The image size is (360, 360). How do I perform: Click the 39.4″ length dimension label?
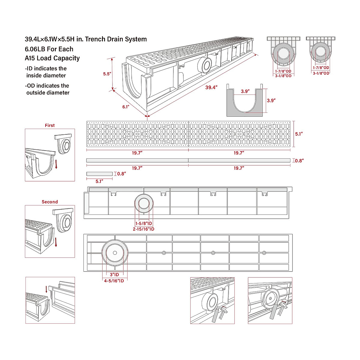point(211,88)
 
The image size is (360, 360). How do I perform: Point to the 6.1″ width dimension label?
point(126,107)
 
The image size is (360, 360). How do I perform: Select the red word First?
point(50,125)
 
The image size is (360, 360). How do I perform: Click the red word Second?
point(50,202)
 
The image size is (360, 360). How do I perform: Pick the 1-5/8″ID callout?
point(144,223)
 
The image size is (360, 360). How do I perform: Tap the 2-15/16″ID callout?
point(144,229)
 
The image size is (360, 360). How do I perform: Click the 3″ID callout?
point(114,275)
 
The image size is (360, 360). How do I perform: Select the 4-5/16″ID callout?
point(114,281)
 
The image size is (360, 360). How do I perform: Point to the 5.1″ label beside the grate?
point(299,134)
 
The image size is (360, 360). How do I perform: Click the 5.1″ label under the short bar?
point(99,181)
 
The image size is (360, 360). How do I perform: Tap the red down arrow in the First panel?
point(56,164)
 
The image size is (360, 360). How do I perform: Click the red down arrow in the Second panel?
point(56,242)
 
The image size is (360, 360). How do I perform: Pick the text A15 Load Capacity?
point(52,58)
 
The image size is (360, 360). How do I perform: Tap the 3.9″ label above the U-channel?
point(245,91)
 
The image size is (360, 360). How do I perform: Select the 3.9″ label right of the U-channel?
point(271,100)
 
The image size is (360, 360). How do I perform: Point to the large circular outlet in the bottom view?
point(115,253)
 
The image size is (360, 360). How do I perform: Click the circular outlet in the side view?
point(144,204)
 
